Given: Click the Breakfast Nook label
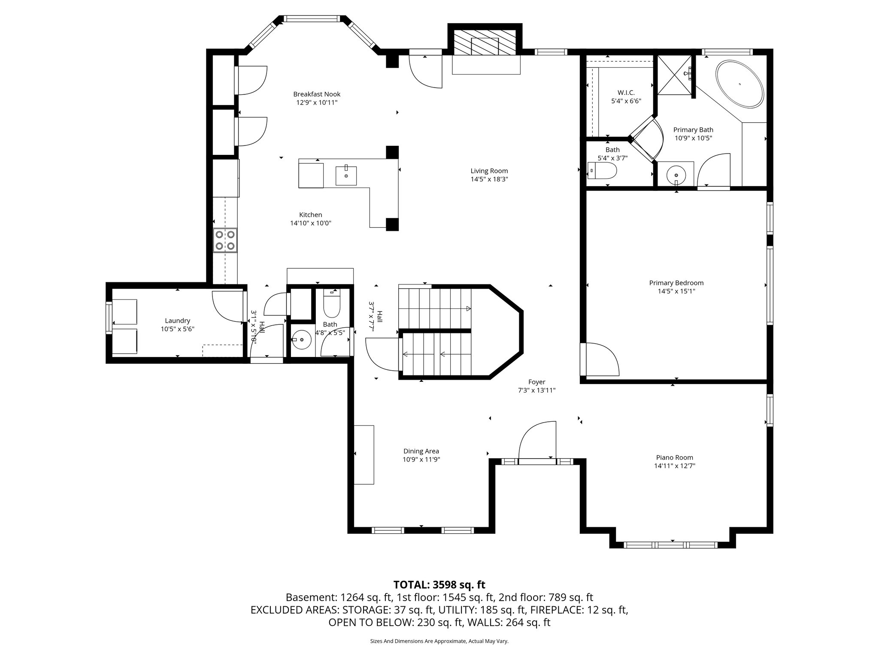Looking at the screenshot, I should pyautogui.click(x=317, y=94).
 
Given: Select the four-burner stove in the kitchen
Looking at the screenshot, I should pyautogui.click(x=225, y=240).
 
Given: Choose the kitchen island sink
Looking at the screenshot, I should pyautogui.click(x=346, y=175).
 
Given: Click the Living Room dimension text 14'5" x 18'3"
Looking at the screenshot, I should pyautogui.click(x=489, y=179).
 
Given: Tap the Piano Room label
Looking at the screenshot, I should pyautogui.click(x=674, y=457).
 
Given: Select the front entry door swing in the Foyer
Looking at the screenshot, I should pyautogui.click(x=537, y=442).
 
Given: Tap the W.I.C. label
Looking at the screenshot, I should pyautogui.click(x=626, y=93).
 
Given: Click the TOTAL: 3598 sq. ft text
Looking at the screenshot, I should pyautogui.click(x=439, y=584).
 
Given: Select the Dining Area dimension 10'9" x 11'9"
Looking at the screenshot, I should pyautogui.click(x=421, y=459).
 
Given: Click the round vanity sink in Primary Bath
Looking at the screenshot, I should pyautogui.click(x=676, y=175).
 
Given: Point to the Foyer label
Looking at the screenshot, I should pyautogui.click(x=536, y=382).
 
